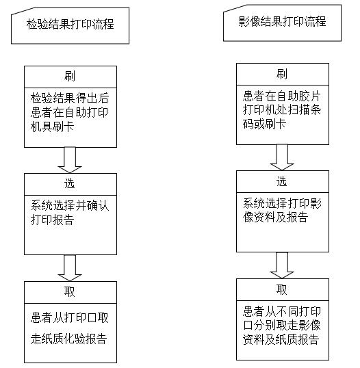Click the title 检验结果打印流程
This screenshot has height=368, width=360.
coord(70,24)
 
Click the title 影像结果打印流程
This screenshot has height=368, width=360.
coord(282,21)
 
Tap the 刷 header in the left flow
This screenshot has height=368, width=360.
coord(70,76)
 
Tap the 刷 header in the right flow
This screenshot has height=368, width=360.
coord(282,74)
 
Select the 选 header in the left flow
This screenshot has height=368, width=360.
coord(70,183)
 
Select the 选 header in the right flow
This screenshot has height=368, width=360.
coord(282,181)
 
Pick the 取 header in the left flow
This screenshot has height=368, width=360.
coord(70,291)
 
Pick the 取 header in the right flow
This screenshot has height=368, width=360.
coord(282,289)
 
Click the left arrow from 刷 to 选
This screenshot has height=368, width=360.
coord(70,160)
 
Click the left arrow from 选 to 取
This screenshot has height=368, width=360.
coord(70,267)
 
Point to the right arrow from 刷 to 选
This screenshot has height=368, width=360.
coord(282,157)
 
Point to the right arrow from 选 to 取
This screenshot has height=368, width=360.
coord(282,265)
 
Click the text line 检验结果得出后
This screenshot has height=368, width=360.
coord(70,98)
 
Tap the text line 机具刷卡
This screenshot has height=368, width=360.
coord(52,127)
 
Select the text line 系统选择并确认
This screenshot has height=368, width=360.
coord(70,205)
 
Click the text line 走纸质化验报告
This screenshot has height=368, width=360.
coord(69,339)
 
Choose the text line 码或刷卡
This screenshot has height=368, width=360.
coord(264,124)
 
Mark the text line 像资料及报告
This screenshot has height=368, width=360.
coord(275,217)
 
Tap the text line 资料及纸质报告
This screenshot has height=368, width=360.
coord(281,339)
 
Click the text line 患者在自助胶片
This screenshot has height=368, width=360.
coord(282,96)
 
